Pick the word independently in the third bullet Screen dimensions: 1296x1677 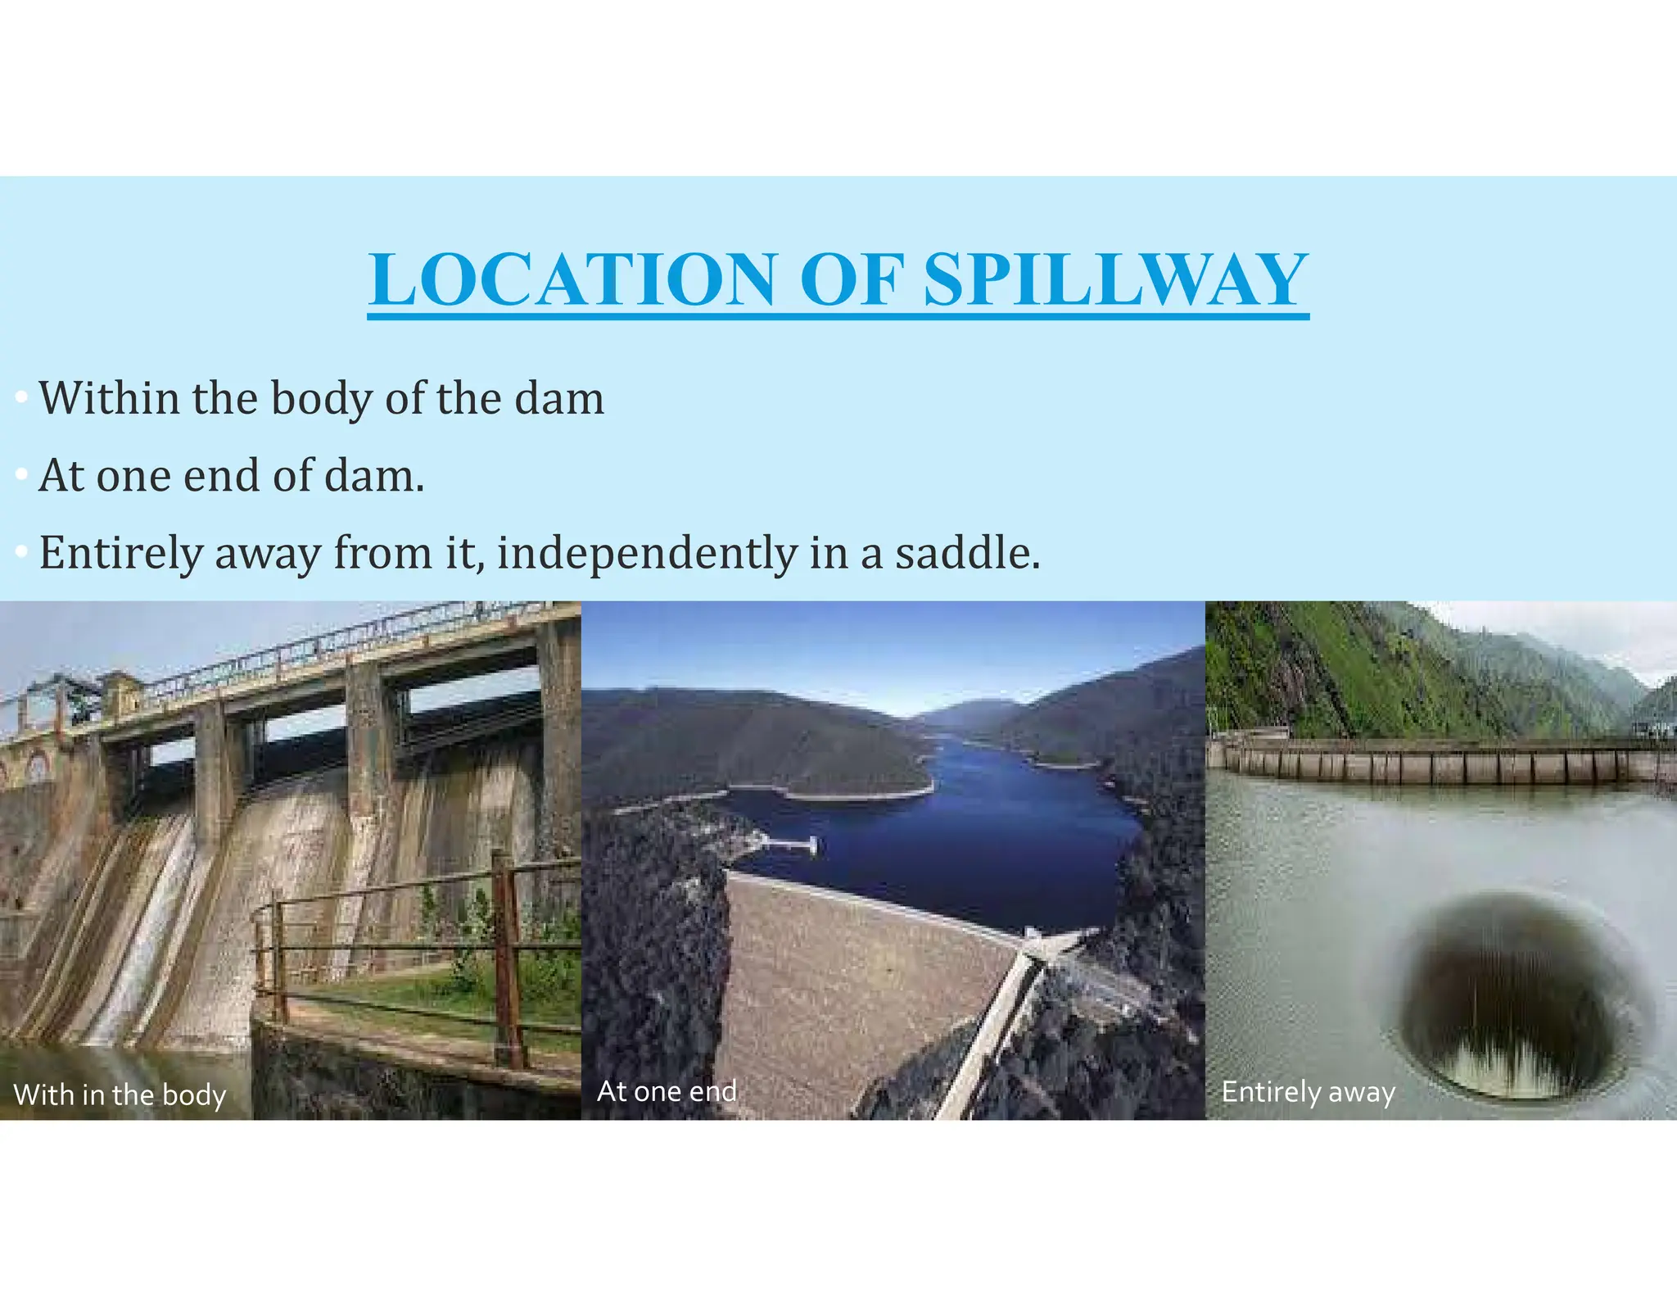(646, 555)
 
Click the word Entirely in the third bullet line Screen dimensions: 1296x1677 (120, 555)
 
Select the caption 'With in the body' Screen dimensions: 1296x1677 (120, 1094)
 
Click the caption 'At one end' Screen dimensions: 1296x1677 (667, 1091)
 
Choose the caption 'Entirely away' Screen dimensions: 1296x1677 (1308, 1092)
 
